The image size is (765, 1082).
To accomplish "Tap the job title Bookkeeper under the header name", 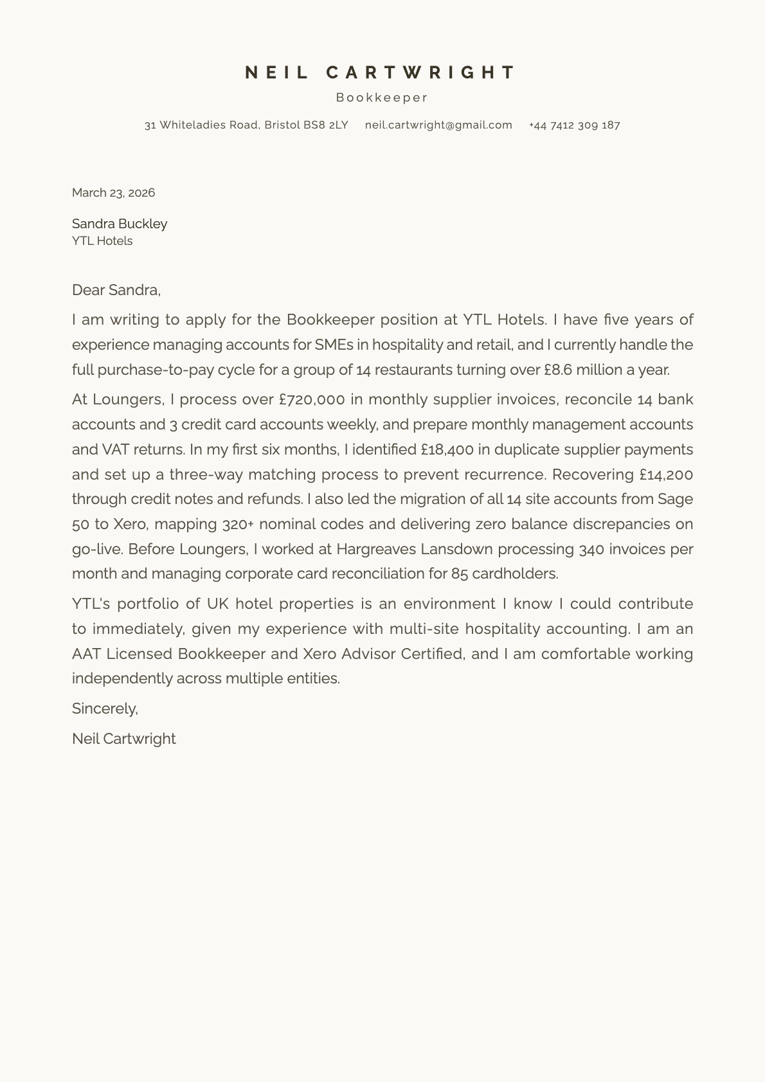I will pos(382,98).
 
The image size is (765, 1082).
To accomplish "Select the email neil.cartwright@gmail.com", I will pos(438,125).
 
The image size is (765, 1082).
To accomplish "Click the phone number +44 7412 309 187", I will pos(574,125).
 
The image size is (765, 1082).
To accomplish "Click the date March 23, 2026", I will pos(113,193).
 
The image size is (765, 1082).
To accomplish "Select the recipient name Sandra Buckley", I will pos(120,224).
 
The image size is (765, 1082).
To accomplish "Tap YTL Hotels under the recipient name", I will pos(102,241).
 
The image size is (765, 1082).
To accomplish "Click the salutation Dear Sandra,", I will pos(116,290).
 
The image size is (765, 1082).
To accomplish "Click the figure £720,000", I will pos(312,400).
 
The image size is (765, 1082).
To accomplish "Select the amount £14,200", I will pos(666,474).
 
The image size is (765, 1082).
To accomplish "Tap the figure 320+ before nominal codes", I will pos(238,525).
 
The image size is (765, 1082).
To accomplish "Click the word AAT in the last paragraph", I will pos(87,654).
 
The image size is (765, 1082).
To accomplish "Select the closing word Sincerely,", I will pos(105,708).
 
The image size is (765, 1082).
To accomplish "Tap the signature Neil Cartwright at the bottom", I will pos(123,739).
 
